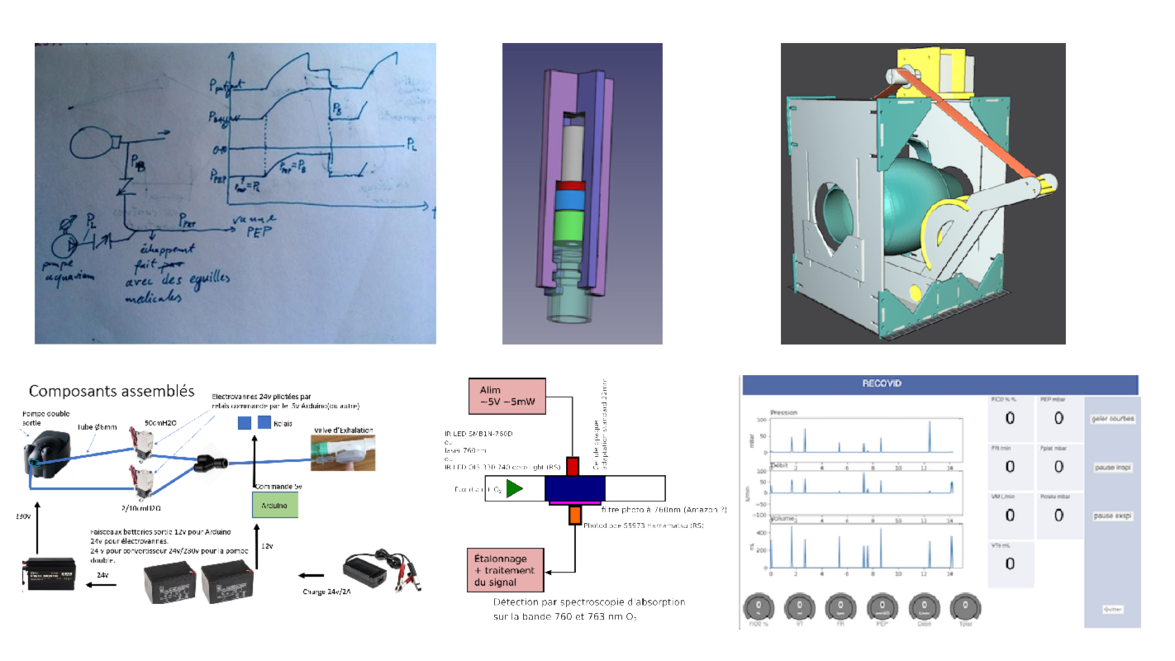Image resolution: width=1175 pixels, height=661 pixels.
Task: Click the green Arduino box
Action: tap(274, 505)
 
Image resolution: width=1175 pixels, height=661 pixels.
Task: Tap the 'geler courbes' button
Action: tap(1111, 419)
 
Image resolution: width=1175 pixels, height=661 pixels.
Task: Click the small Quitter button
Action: tap(1112, 609)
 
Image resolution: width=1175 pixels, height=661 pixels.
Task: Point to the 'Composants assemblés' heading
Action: tap(111, 391)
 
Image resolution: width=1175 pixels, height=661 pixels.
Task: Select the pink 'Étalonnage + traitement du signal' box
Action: tap(507, 571)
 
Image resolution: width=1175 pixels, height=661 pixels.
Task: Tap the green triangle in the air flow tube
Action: tap(515, 489)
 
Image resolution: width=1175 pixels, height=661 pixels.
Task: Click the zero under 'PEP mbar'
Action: tap(1058, 418)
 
